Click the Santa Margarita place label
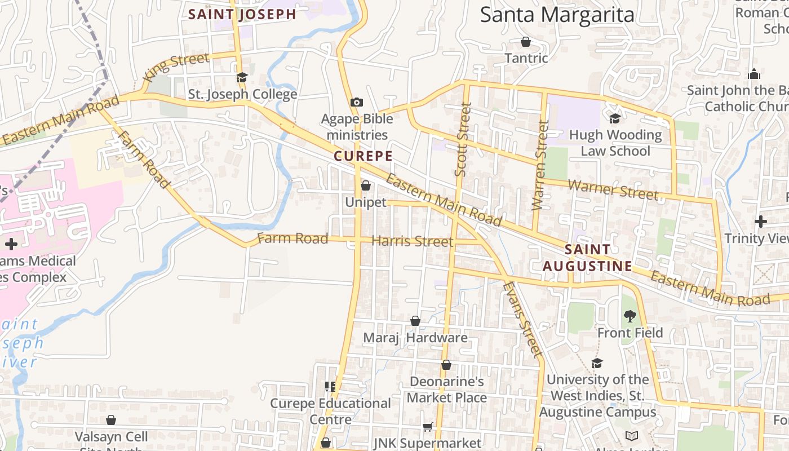click(x=557, y=15)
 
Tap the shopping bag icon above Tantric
click(x=526, y=42)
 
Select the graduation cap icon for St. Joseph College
click(x=242, y=78)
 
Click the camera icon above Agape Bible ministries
click(x=356, y=102)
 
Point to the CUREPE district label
click(x=362, y=156)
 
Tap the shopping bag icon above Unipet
click(x=365, y=185)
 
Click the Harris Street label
click(x=412, y=241)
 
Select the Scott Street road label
click(x=462, y=139)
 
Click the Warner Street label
click(x=613, y=189)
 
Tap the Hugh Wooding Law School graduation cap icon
click(x=615, y=118)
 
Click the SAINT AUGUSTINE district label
click(x=587, y=258)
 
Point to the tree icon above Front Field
click(x=630, y=316)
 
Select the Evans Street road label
click(x=522, y=319)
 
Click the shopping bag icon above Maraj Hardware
click(x=415, y=321)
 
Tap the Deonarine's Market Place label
click(x=446, y=390)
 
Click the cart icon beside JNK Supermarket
click(x=427, y=427)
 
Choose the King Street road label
click(x=176, y=66)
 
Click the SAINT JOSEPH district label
click(x=242, y=15)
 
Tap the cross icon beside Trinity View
click(x=761, y=222)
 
